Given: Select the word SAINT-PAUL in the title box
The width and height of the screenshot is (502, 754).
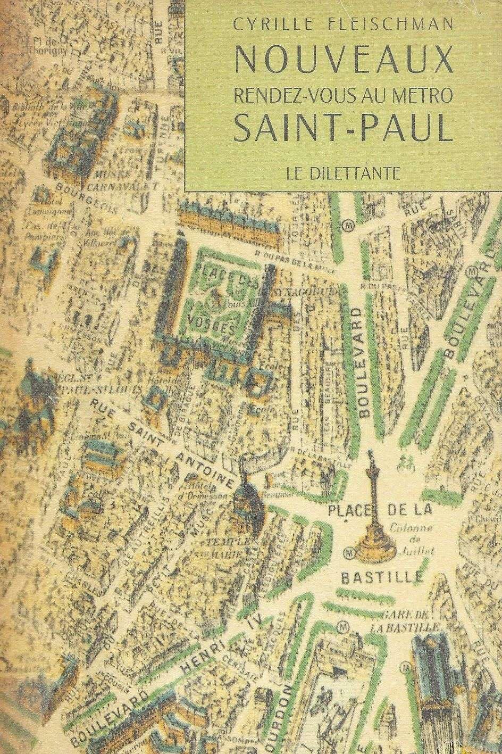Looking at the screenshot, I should tap(338, 129).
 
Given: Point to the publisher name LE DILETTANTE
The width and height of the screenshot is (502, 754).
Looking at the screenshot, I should tap(338, 173).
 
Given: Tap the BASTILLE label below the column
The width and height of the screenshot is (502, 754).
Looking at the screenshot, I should tap(382, 577).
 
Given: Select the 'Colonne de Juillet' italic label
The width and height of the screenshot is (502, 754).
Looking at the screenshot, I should tap(408, 537).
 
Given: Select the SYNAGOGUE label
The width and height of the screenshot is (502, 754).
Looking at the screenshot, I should tap(301, 292).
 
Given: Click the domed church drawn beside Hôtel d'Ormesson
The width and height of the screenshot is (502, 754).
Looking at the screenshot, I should tap(246, 498).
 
